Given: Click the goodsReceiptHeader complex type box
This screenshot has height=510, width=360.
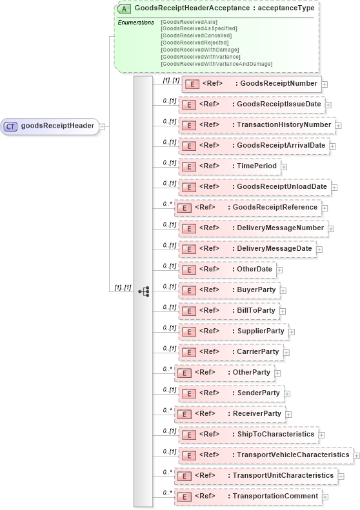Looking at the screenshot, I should click(50, 126).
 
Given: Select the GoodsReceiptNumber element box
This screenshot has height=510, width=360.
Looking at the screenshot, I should click(252, 84).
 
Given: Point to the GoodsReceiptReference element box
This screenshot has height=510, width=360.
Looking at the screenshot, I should click(248, 208).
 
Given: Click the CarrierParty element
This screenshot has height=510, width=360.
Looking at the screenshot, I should click(230, 352).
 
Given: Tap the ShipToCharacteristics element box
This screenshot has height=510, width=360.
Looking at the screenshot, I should click(248, 435).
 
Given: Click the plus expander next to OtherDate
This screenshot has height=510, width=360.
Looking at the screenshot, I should click(279, 270).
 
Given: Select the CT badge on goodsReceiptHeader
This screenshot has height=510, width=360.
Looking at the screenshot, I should click(11, 126).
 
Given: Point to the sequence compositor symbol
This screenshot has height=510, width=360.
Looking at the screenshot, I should click(143, 291).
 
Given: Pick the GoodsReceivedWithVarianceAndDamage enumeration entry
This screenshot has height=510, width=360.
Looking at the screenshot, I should click(216, 64).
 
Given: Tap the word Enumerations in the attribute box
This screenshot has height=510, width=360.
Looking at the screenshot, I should click(135, 23).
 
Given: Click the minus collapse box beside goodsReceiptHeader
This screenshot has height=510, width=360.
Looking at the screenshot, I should click(102, 126).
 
